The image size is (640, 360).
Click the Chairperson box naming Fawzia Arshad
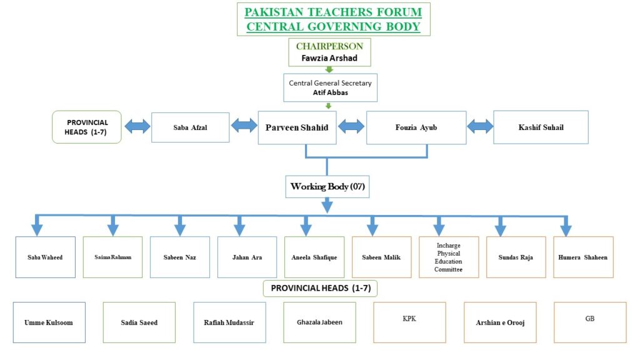tap(329, 52)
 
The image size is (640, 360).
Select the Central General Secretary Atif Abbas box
tap(329, 87)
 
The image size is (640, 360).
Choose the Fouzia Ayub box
tap(416, 127)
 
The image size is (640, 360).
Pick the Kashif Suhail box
tap(541, 127)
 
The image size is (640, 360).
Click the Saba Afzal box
tap(190, 127)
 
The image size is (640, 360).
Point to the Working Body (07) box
tap(327, 186)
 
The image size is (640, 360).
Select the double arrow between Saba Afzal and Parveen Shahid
tap(244, 126)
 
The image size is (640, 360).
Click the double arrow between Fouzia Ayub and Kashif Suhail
tap(480, 126)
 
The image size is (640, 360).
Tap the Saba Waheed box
tap(46, 257)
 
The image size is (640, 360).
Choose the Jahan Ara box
tap(247, 257)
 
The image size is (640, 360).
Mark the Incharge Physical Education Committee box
tap(449, 257)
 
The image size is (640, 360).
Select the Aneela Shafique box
tap(314, 257)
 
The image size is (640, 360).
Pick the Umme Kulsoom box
tap(49, 322)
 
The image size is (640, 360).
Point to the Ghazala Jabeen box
tap(319, 322)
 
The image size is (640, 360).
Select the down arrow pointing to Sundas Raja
tap(500, 226)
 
